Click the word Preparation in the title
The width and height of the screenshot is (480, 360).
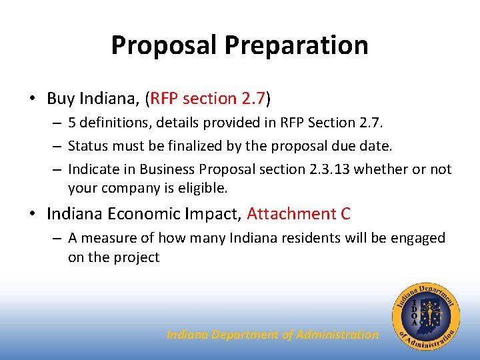[x=296, y=45]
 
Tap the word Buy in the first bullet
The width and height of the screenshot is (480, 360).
[x=61, y=99]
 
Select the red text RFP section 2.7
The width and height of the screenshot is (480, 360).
[x=208, y=99]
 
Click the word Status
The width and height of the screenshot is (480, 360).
[x=87, y=146]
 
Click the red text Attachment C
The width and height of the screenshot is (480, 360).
[x=299, y=214]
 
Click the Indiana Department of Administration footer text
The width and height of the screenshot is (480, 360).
[x=272, y=335]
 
